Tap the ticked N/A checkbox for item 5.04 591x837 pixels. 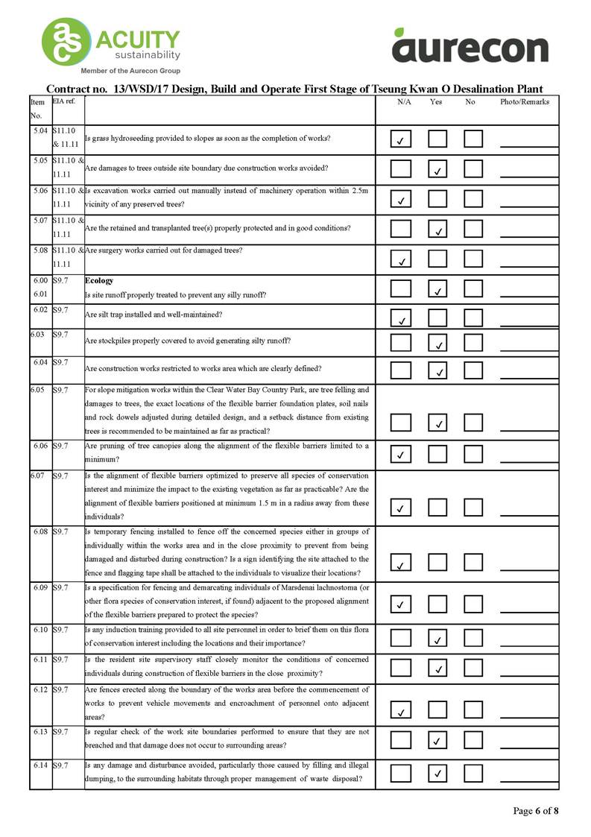pos(401,139)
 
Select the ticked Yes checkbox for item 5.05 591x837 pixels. pos(437,169)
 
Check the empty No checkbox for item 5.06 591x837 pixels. pos(473,198)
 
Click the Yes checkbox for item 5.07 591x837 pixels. pos(437,228)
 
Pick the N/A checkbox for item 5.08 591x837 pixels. pos(401,258)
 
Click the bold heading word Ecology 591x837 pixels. pos(99,281)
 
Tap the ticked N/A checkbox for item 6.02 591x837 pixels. pos(401,318)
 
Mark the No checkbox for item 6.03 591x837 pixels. pos(473,342)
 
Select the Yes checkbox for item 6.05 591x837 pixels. pos(437,422)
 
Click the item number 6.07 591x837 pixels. pos(38,475)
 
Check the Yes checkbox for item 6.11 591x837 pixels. pos(437,667)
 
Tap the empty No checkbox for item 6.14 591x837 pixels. pos(473,773)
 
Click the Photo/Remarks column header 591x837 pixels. pos(525,102)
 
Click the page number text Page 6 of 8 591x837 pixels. pos(535,811)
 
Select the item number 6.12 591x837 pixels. pos(41,689)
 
